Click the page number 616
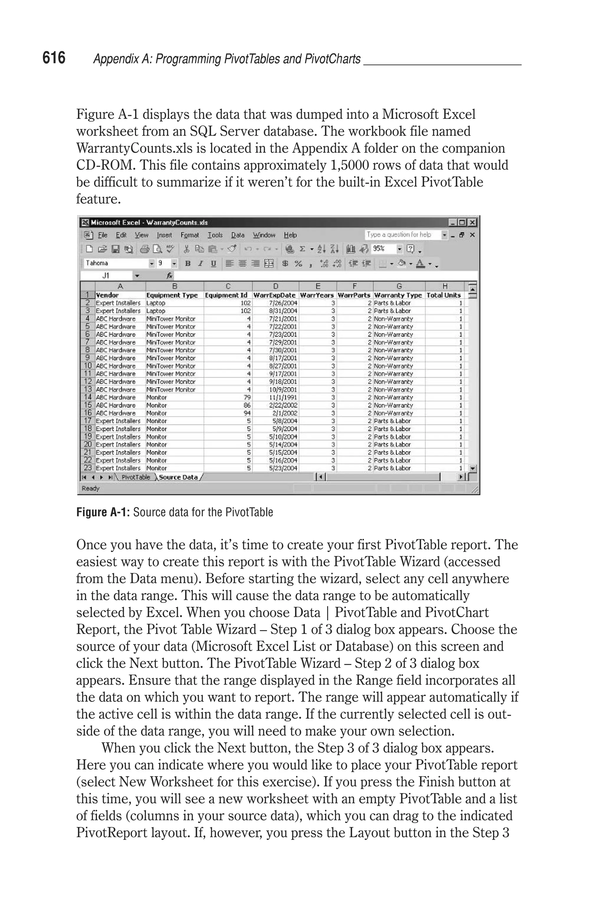(54, 58)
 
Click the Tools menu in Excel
(215, 235)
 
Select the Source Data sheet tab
(178, 477)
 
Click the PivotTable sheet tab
(136, 477)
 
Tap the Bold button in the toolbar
(188, 263)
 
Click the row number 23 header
(88, 468)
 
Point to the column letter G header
(399, 286)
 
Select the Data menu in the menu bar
(238, 235)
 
